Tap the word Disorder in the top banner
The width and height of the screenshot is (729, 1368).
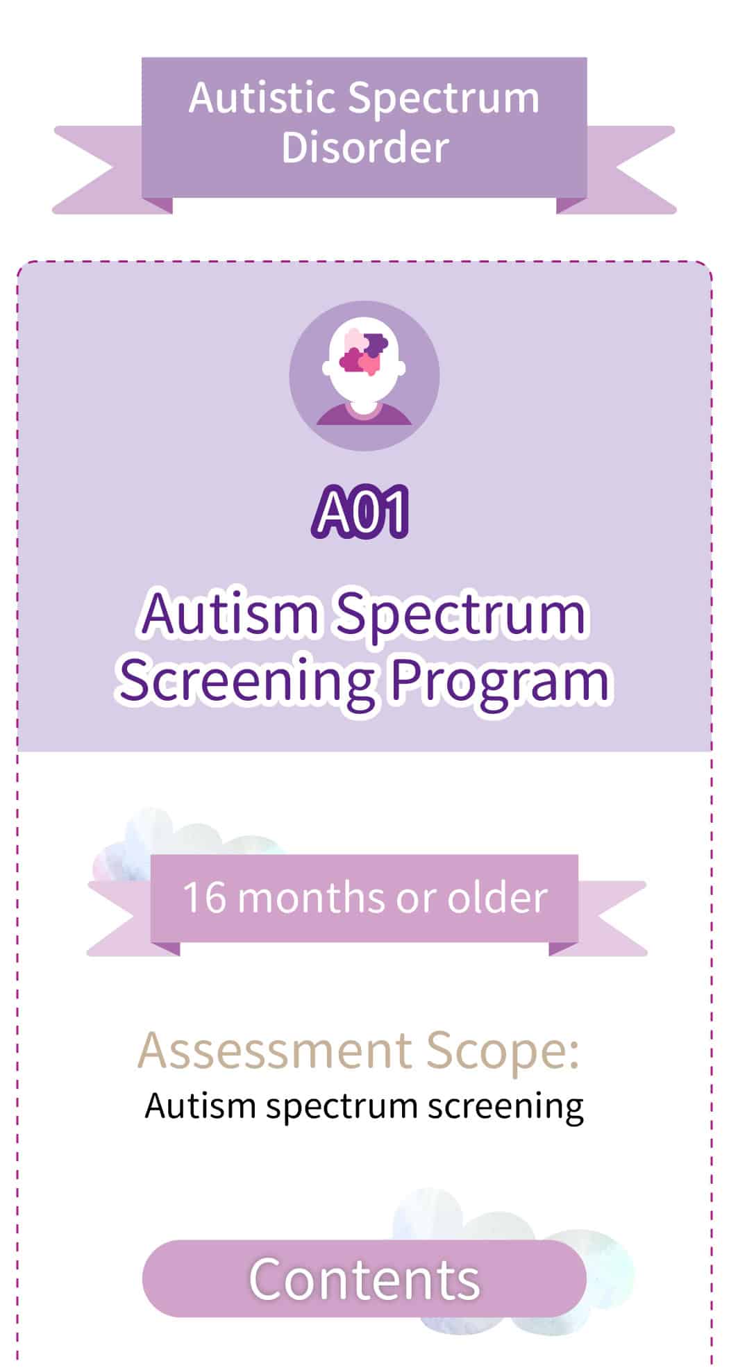[364, 147]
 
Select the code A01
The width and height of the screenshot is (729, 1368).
[360, 512]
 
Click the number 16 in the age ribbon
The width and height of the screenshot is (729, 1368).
[205, 897]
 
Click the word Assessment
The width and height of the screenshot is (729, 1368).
[275, 1049]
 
